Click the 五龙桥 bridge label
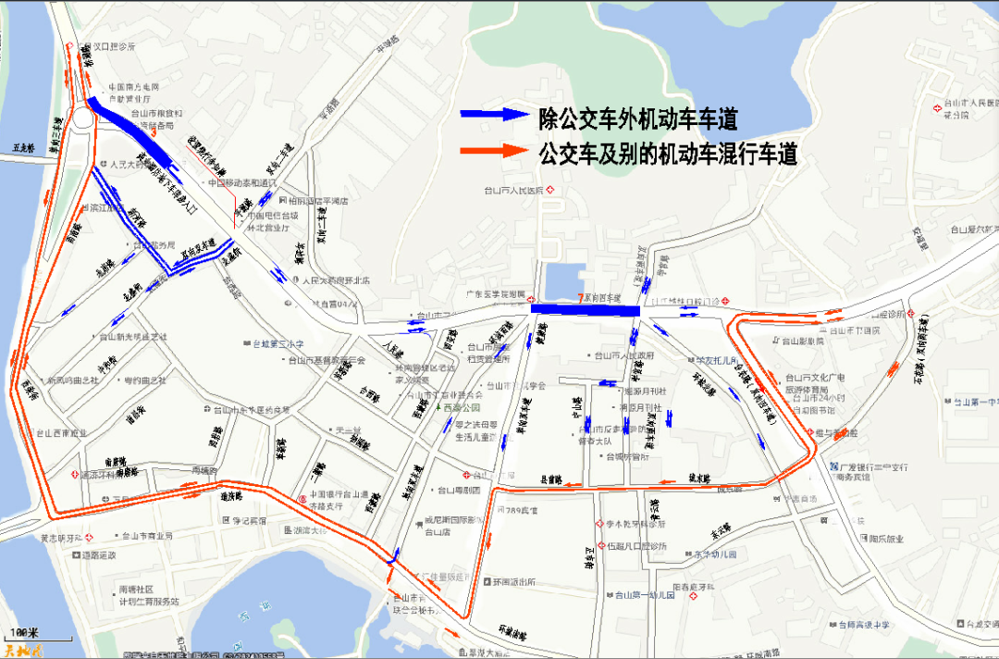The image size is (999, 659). [x=22, y=147]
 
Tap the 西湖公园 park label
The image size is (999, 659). [x=462, y=407]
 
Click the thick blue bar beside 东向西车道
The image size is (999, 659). [x=586, y=309]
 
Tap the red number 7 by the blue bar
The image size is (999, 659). [x=580, y=298]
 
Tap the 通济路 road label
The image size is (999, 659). [x=229, y=496]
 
